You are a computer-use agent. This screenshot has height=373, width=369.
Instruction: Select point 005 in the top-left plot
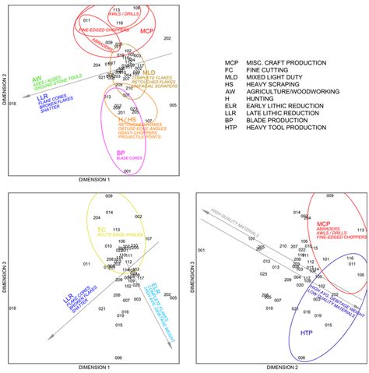pos(173,104)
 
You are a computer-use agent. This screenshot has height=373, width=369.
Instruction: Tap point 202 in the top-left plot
pos(166,38)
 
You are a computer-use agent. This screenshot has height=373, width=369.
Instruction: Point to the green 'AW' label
pos(37,79)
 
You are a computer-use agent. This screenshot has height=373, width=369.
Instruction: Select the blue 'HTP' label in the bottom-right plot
pos(307,332)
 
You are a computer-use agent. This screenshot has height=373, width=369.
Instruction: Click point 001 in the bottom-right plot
pos(202,250)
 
